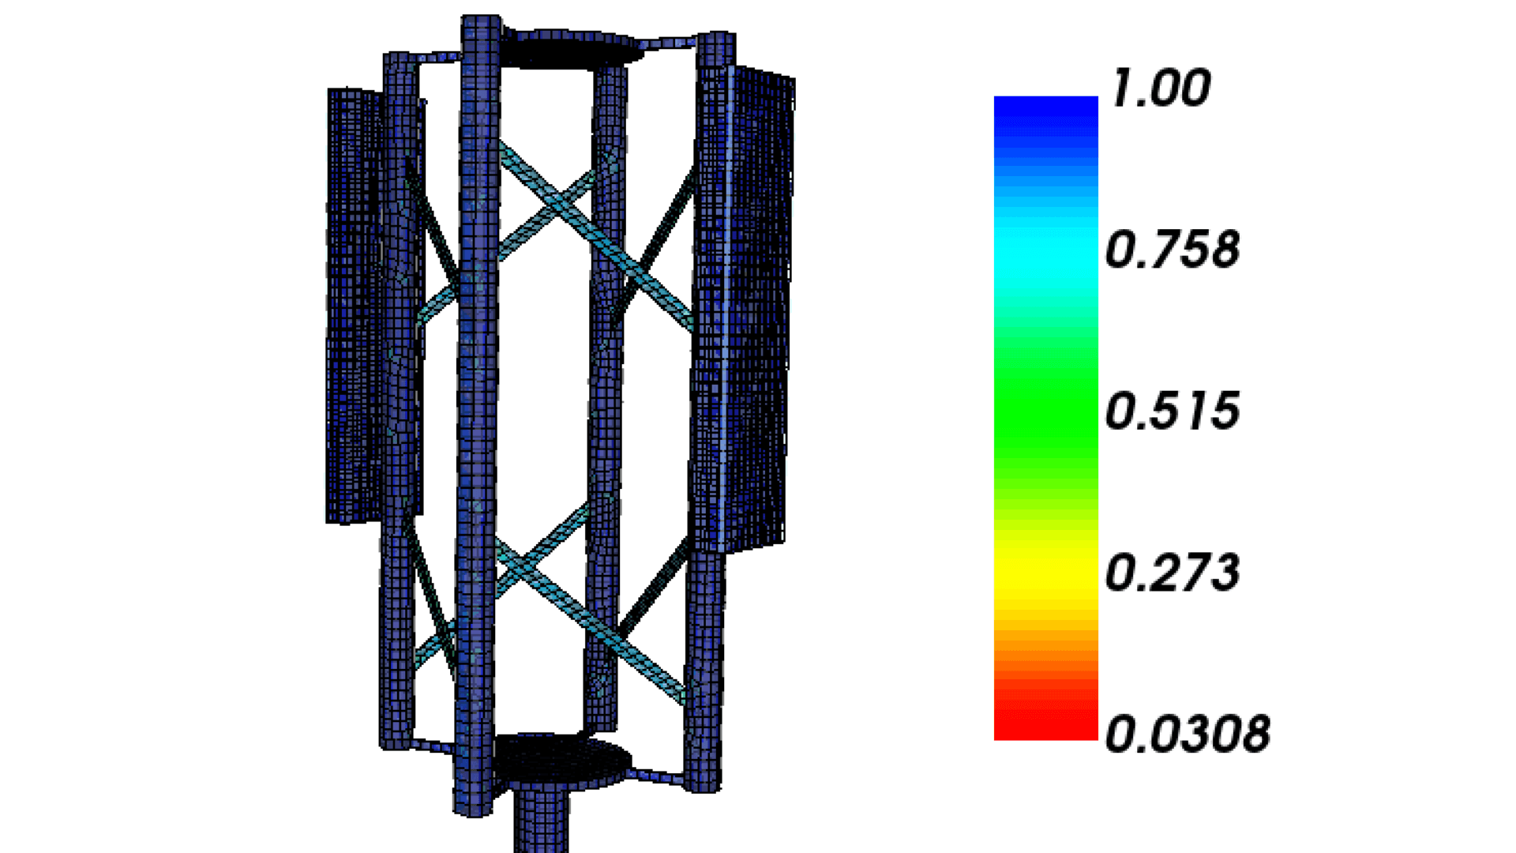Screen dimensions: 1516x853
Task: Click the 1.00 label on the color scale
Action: [x=1160, y=88]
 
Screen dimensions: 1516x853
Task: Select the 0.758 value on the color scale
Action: [x=1172, y=250]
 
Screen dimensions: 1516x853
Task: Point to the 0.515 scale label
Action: [x=1172, y=411]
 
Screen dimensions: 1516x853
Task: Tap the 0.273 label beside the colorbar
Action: [x=1172, y=572]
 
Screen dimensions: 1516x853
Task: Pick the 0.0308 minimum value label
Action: [x=1188, y=734]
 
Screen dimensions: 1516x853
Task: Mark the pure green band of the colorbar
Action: [x=1045, y=403]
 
